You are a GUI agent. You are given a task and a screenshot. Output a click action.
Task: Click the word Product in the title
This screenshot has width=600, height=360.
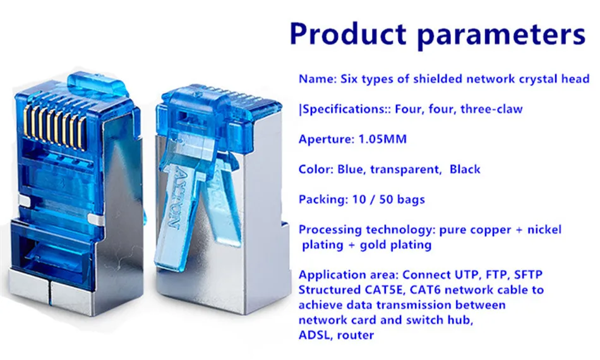tap(348, 33)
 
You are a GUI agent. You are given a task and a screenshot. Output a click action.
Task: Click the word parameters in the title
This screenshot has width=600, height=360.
tap(501, 35)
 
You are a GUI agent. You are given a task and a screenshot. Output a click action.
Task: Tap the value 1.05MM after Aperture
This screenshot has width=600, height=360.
tap(382, 139)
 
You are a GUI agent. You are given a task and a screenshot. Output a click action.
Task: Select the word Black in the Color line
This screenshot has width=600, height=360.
tap(465, 169)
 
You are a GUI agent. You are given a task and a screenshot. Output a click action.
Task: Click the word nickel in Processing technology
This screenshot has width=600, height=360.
tap(544, 229)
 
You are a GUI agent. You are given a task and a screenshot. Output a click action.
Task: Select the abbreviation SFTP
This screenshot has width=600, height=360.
tap(529, 275)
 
